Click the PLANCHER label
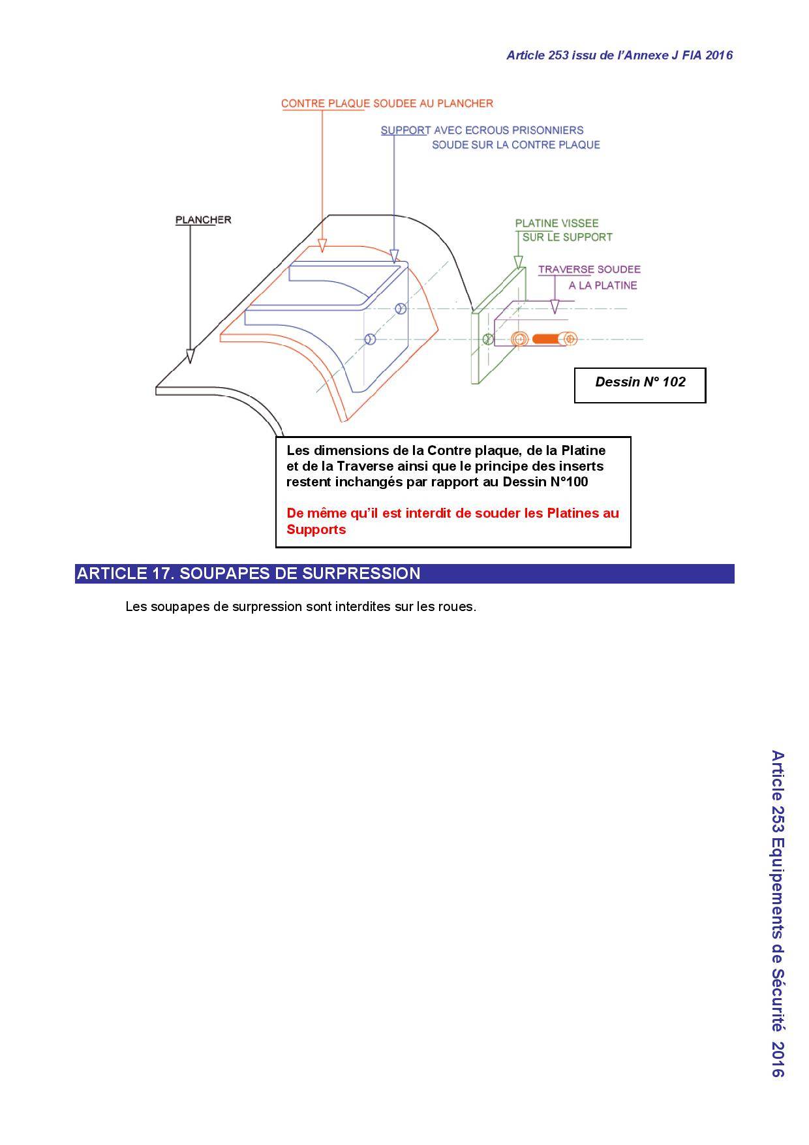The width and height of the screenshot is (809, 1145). pyautogui.click(x=203, y=219)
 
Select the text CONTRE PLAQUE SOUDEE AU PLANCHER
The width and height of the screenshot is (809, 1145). pyautogui.click(x=387, y=103)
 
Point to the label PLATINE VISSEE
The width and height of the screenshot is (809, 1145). pyautogui.click(x=557, y=223)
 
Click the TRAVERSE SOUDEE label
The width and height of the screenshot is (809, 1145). pyautogui.click(x=589, y=269)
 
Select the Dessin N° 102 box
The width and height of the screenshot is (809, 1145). pyautogui.click(x=640, y=385)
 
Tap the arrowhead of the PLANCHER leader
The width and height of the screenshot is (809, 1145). pyautogui.click(x=190, y=356)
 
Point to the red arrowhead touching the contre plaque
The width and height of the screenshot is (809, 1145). pyautogui.click(x=322, y=245)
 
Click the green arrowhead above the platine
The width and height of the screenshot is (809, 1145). pyautogui.click(x=519, y=262)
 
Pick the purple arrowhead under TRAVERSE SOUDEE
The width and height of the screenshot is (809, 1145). pyautogui.click(x=555, y=307)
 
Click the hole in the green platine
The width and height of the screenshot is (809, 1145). pyautogui.click(x=487, y=339)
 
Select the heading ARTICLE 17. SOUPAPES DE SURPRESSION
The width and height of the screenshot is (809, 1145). pyautogui.click(x=249, y=573)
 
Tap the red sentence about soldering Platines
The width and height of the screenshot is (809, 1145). pyautogui.click(x=453, y=521)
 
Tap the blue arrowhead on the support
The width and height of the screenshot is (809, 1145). pyautogui.click(x=393, y=255)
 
